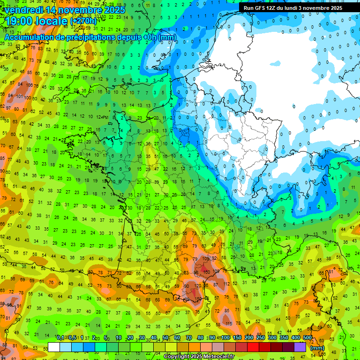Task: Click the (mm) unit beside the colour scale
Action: click(317, 348)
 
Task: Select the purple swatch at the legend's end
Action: click(300, 347)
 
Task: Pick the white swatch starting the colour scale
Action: click(54, 347)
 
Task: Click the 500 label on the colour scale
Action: click(307, 337)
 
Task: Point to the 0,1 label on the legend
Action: click(60, 337)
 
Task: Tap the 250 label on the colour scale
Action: click(260, 337)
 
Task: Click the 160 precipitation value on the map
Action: click(207, 272)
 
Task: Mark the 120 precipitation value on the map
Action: click(198, 285)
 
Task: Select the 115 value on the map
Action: click(228, 324)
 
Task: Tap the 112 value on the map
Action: click(226, 284)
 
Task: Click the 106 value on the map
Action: click(29, 85)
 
